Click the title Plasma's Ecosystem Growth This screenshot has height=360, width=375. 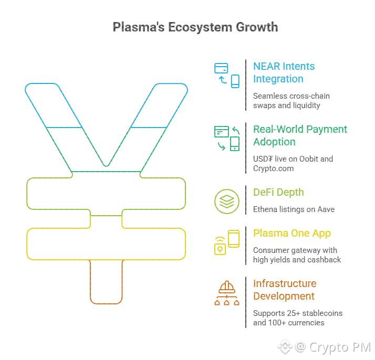(195, 27)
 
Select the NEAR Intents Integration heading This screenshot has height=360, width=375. (284, 72)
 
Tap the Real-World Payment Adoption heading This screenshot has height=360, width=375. (300, 135)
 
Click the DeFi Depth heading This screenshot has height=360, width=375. (278, 192)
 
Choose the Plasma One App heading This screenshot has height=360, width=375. (292, 233)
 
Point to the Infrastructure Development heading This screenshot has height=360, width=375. (285, 290)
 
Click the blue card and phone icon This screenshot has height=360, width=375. (227, 74)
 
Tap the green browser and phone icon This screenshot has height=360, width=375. (227, 138)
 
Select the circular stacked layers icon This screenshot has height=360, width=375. (226, 201)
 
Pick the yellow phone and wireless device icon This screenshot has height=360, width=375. (227, 242)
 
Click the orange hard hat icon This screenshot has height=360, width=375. (227, 293)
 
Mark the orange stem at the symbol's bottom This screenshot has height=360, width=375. (106, 283)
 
